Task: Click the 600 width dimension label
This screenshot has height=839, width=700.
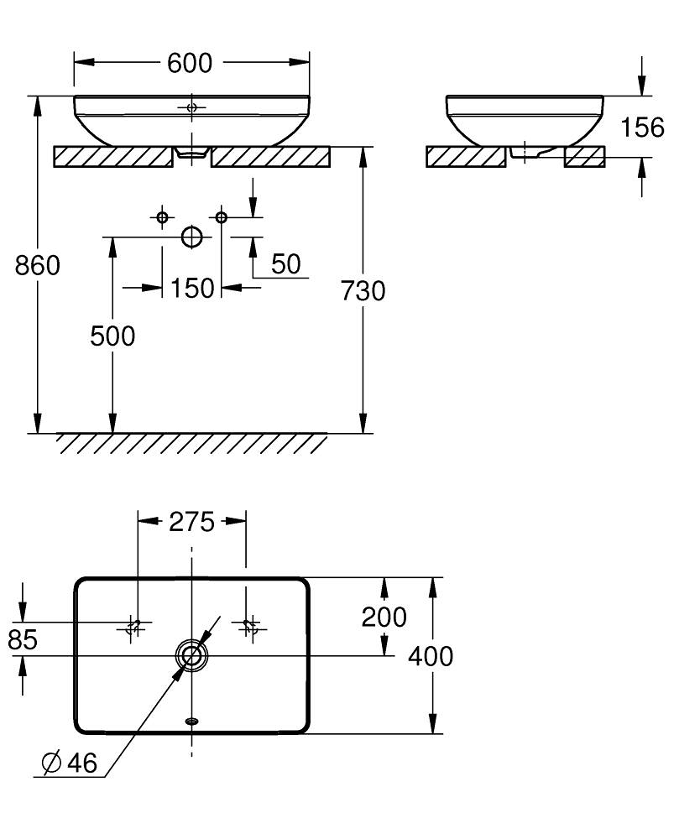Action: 190,63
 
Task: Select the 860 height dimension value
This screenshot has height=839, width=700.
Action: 38,265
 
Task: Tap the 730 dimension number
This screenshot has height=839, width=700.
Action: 363,291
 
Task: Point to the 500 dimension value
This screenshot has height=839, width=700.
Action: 112,336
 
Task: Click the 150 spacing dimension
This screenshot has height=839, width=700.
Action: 192,289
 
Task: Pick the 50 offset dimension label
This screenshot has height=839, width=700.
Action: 285,263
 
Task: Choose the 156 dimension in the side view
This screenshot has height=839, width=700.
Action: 642,128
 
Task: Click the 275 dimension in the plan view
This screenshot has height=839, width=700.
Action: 191,522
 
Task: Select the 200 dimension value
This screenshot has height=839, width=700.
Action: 384,617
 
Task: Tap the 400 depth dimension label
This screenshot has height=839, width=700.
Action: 431,656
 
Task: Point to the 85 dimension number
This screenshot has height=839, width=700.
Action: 23,639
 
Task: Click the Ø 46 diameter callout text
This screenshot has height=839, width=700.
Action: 70,763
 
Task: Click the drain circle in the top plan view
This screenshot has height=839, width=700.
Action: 191,655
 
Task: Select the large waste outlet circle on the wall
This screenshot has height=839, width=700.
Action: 191,237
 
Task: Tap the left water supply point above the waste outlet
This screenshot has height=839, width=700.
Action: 162,217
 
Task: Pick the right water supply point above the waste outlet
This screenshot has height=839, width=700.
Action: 221,217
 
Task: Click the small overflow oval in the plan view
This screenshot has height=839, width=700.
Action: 191,721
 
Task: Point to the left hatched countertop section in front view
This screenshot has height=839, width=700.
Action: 113,157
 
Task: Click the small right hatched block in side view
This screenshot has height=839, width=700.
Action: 584,157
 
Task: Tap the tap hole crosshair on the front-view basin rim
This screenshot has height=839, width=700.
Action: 191,107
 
